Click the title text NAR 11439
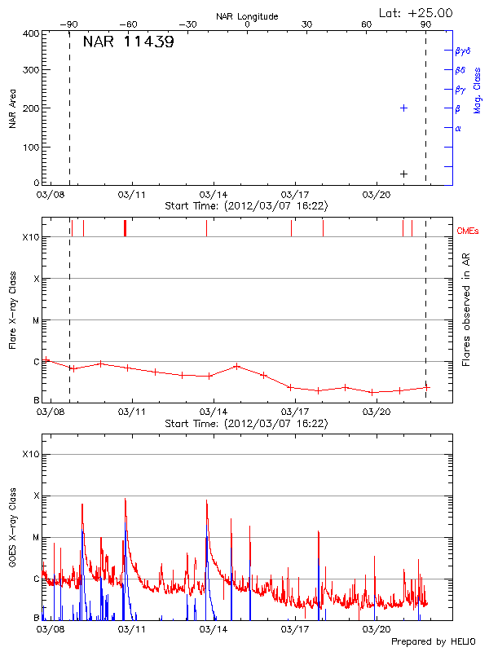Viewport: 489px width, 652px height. pos(128,42)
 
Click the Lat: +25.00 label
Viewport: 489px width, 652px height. pos(416,12)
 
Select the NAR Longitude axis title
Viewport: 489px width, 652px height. pos(247,15)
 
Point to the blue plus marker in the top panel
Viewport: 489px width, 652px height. pos(403,108)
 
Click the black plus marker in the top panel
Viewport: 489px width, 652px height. pos(403,174)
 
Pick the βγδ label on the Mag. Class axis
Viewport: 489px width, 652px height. pos(462,51)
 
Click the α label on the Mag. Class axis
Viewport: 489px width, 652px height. pos(458,128)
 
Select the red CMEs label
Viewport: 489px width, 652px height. pos(468,232)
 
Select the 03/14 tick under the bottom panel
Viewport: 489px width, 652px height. pos(213,629)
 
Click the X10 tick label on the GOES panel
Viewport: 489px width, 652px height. pos(31,454)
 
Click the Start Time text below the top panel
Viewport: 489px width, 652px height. pos(246,206)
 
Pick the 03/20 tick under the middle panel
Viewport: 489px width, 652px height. pos(376,412)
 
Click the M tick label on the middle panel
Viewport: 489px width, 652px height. pos(36,320)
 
